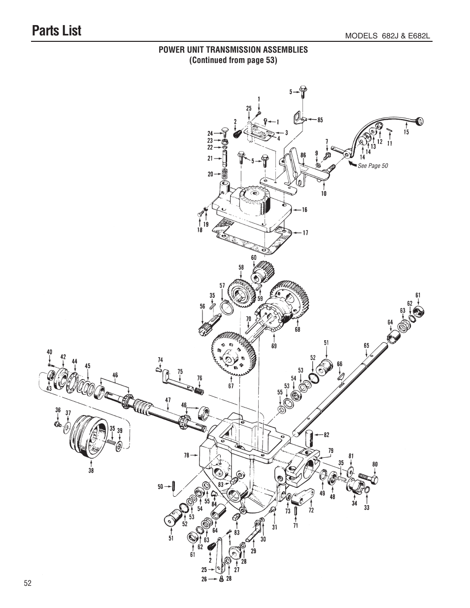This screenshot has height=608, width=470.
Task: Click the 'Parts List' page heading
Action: [57, 31]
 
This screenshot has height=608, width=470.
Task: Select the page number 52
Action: [27, 583]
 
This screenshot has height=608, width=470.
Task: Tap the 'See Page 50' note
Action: [372, 166]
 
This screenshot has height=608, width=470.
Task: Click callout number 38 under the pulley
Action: [91, 470]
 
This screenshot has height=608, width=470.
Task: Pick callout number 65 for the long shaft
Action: [366, 346]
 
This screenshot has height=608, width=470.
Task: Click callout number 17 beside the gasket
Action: [305, 233]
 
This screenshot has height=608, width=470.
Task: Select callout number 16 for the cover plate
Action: [304, 210]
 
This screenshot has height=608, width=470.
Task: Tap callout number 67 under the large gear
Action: [231, 386]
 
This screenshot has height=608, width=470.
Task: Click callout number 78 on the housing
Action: [187, 455]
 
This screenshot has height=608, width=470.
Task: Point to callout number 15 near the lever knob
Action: [406, 132]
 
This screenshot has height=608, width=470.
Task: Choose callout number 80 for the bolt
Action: [375, 464]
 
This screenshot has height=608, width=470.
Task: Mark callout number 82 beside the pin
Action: [326, 435]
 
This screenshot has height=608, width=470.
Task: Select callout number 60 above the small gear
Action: [254, 257]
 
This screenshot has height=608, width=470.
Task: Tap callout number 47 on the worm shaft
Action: [168, 400]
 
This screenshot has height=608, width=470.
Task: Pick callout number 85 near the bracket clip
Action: [320, 119]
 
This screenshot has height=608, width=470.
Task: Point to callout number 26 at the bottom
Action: [204, 579]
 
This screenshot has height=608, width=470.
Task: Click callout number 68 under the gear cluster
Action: [297, 329]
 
